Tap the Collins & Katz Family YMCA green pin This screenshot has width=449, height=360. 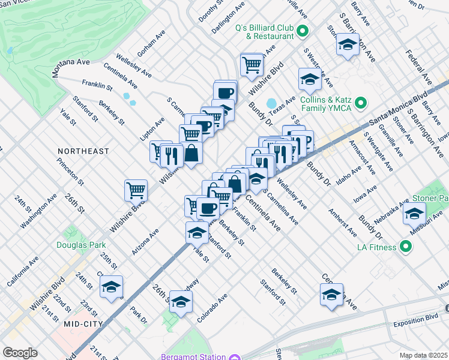[x=361, y=104]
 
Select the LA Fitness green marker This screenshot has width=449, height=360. [x=406, y=247]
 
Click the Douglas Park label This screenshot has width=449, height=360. [x=81, y=245]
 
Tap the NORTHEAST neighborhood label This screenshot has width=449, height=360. [x=83, y=151]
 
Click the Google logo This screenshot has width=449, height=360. [x=20, y=353]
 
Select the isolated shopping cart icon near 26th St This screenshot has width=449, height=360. [x=136, y=191]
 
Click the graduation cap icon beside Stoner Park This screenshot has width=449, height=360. [x=414, y=213]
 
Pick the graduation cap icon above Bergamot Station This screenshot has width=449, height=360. [x=181, y=302]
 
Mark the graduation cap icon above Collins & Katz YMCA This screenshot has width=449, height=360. [x=310, y=79]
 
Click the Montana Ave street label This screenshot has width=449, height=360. [x=70, y=62]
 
